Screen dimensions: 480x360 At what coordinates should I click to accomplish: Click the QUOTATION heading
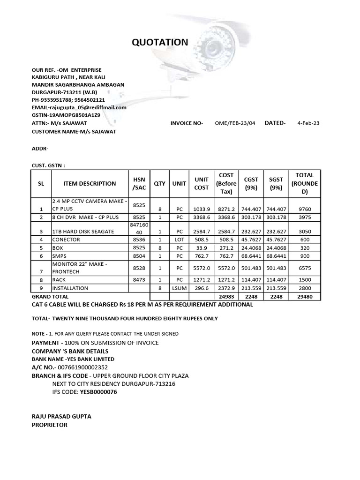coord(160,43)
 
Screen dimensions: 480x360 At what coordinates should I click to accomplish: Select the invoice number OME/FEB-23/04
coord(235,123)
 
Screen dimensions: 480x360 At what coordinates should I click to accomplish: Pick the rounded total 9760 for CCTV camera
coord(305,209)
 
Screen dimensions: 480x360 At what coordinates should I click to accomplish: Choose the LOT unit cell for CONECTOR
coord(179,240)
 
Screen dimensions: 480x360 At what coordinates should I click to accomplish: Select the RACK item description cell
coord(60,280)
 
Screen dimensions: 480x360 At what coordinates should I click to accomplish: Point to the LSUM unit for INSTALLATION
coord(179,288)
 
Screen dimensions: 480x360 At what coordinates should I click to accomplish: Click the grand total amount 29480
coord(305,297)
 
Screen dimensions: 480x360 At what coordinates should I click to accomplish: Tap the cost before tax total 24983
coord(226,297)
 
